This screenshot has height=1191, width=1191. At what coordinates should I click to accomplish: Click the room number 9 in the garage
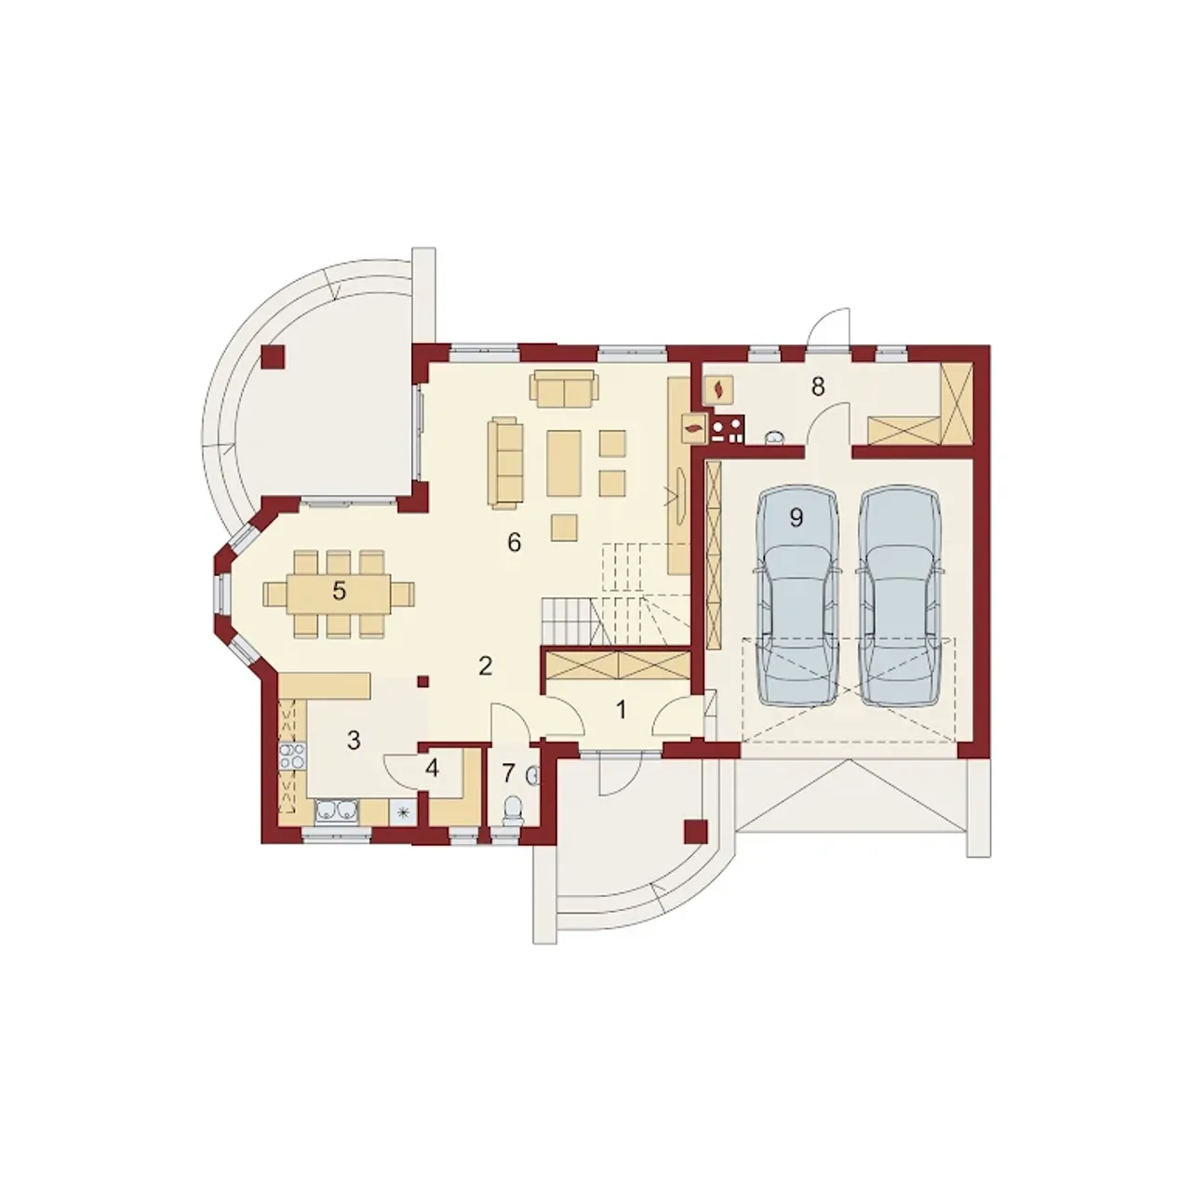[796, 518]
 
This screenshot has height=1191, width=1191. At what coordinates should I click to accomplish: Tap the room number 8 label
[818, 387]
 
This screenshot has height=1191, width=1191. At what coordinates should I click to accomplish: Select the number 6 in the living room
[515, 542]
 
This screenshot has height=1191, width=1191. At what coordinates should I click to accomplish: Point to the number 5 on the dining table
[339, 592]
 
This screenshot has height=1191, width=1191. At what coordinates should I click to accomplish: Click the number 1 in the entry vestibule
[622, 710]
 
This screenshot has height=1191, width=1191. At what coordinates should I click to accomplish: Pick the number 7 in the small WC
[509, 772]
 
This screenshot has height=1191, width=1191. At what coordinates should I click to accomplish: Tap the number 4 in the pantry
[432, 769]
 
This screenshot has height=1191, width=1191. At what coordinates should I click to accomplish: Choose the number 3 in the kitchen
[354, 740]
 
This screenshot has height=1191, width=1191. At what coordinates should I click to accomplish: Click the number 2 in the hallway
[485, 666]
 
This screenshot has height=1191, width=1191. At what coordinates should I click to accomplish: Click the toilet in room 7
[514, 810]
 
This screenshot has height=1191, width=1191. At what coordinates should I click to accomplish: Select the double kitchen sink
[338, 810]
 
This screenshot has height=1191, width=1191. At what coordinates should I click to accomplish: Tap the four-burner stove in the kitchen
[293, 756]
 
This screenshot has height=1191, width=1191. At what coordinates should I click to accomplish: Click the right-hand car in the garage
[899, 596]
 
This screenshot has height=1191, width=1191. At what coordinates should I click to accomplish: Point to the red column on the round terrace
[273, 356]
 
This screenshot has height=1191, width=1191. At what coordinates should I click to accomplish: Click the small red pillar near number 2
[423, 682]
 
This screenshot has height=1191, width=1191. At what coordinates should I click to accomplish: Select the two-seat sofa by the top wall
[564, 389]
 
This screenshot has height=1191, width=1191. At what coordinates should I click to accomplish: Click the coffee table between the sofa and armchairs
[564, 463]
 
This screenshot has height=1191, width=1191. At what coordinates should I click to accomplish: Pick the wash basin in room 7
[534, 775]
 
